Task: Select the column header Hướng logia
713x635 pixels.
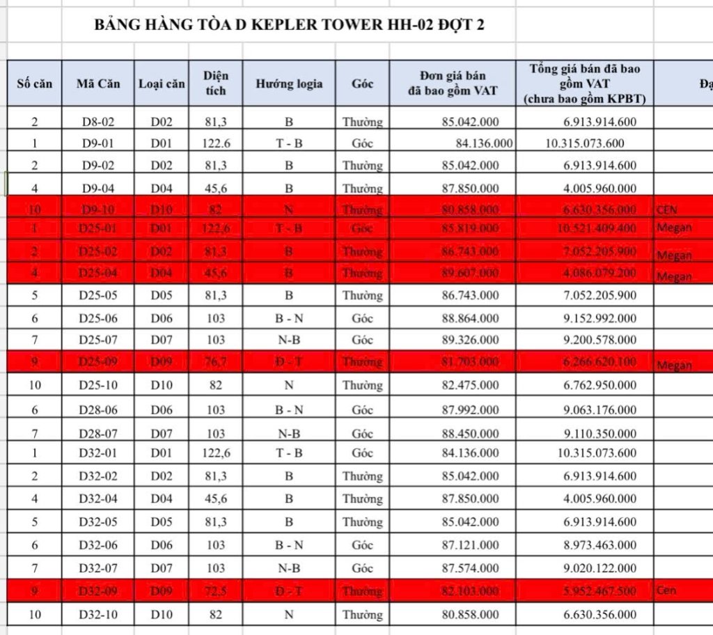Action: coord(288,84)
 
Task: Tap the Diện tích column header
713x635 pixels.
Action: coord(216,83)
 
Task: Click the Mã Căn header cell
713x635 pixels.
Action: coord(98,84)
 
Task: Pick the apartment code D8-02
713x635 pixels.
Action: coord(98,122)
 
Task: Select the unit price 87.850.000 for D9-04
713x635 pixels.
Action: coord(470,188)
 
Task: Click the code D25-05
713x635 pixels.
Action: coord(98,296)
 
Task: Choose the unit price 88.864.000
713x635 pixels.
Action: coord(470,318)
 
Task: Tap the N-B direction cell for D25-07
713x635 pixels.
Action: coord(288,340)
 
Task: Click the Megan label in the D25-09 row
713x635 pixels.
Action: coord(673,365)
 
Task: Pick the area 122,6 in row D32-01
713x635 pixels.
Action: coord(216,453)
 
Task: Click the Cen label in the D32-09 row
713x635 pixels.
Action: coord(666,590)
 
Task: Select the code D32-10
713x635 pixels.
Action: coord(98,614)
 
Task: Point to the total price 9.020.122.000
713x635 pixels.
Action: coord(601,568)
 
